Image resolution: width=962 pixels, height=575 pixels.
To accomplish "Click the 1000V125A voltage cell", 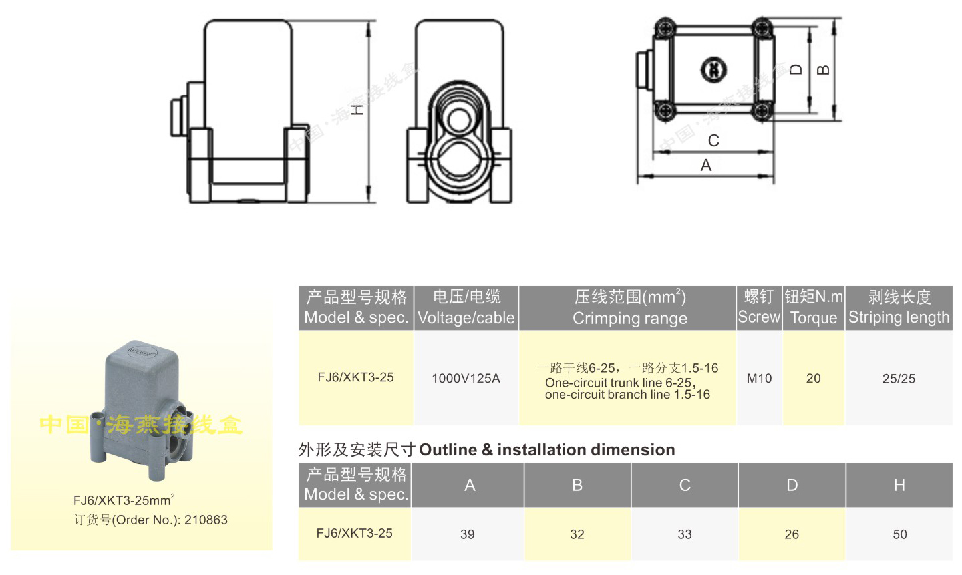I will click(x=466, y=378).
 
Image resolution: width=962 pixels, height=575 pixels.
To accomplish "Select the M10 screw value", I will click(x=759, y=378).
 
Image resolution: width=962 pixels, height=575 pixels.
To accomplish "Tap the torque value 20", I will click(x=813, y=378).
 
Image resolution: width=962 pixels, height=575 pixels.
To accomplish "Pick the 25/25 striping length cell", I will click(x=899, y=378).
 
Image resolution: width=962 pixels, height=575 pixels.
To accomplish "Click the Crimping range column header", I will click(x=629, y=307).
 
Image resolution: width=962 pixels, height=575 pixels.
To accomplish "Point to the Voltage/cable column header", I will click(x=466, y=307).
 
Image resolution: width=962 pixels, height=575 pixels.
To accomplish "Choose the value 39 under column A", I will click(x=468, y=534).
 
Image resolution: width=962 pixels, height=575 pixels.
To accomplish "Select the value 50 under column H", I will click(x=899, y=534).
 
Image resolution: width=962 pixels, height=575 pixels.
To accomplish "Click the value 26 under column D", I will click(x=792, y=534).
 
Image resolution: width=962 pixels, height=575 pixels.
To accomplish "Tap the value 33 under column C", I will click(x=685, y=534).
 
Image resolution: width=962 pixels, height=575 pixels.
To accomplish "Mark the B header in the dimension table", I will click(x=577, y=486).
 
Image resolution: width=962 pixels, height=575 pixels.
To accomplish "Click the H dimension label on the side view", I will click(x=357, y=109).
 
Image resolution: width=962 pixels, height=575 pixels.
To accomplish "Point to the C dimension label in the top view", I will click(x=713, y=140).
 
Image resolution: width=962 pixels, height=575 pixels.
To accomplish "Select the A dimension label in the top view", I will click(x=706, y=165).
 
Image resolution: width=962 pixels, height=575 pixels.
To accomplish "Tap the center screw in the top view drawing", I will click(x=713, y=69).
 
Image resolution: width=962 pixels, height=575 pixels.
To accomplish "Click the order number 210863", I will click(x=206, y=520).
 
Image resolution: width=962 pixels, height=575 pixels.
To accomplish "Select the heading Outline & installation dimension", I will click(x=547, y=450).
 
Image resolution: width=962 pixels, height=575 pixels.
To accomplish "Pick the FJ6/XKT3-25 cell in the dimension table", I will click(x=355, y=533).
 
